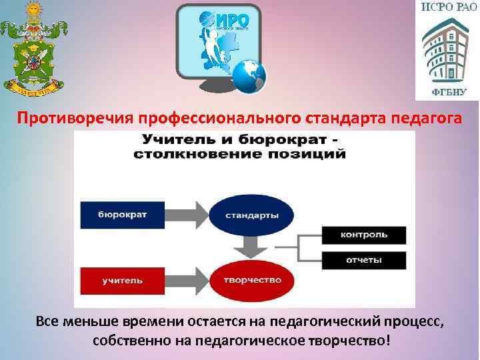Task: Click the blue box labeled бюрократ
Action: coord(123,215)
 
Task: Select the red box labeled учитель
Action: coord(123,281)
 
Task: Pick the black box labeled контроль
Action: coord(363,235)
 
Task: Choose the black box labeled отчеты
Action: coord(363,260)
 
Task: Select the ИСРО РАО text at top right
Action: coord(447,9)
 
